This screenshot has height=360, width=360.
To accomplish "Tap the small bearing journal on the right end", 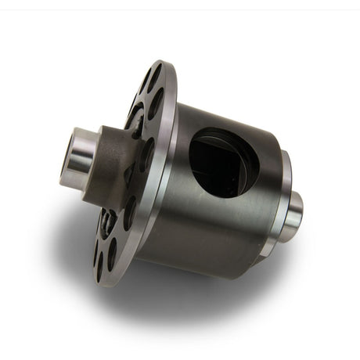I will tap(293, 212).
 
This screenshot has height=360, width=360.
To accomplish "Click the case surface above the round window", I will tap(227, 117).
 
